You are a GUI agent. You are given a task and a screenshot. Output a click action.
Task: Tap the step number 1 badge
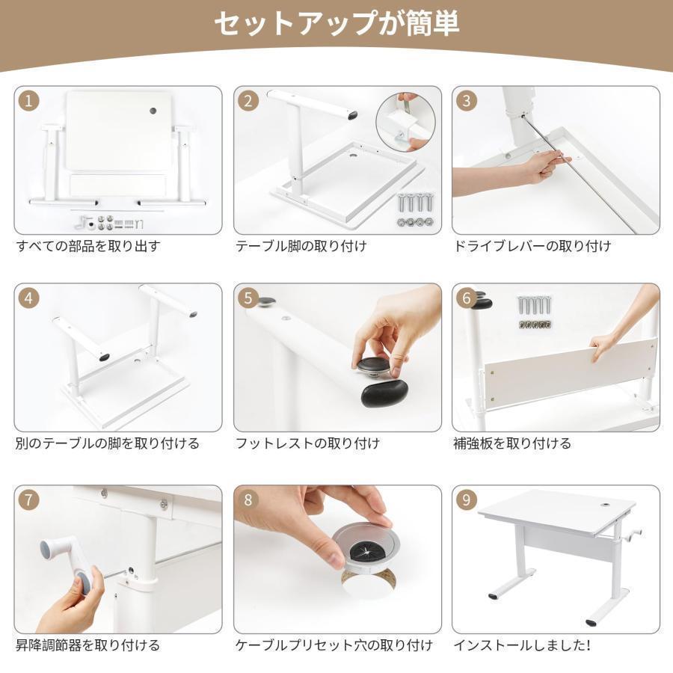[28, 101]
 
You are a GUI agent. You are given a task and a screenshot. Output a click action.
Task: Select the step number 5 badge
[248, 298]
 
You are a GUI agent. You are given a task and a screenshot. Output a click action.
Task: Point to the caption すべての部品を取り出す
[88, 246]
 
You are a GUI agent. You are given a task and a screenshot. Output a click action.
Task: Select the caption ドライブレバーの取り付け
[532, 246]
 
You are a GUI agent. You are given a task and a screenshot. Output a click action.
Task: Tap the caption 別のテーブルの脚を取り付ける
[108, 443]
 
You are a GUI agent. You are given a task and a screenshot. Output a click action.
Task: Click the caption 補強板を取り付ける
[512, 443]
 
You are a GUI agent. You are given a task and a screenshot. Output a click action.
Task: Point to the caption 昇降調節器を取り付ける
[88, 645]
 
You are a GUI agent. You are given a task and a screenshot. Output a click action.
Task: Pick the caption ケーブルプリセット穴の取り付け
[334, 645]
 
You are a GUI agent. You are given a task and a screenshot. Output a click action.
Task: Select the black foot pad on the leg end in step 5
[384, 393]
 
